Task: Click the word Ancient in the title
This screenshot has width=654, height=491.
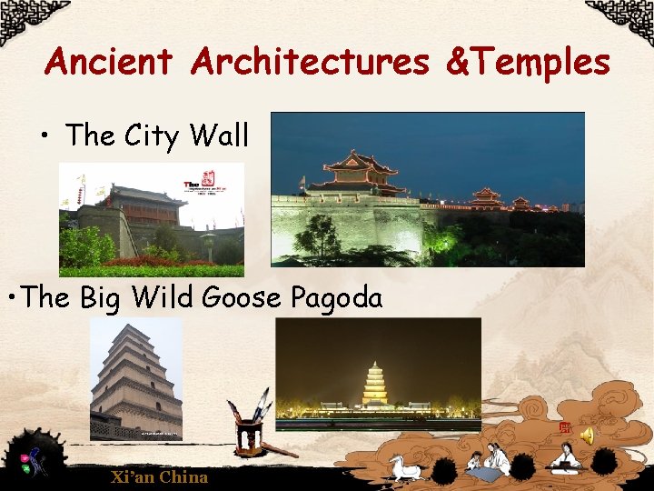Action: pos(107,62)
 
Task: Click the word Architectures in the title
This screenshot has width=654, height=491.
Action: pos(310,62)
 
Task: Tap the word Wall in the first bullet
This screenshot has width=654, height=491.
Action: pos(219,136)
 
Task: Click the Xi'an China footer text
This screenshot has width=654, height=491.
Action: pos(159,476)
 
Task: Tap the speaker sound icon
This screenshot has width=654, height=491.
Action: pos(587,436)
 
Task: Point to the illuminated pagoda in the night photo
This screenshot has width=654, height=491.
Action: pos(374,384)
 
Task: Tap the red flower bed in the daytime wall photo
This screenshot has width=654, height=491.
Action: pos(163,262)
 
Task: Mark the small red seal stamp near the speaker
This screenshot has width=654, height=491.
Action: pos(564,427)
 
